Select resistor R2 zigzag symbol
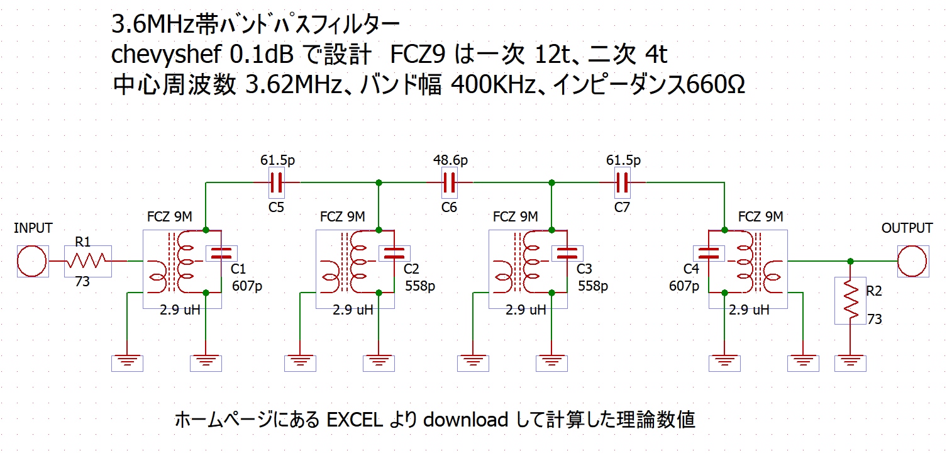click(851, 301)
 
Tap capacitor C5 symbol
click(277, 182)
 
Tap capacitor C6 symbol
click(450, 182)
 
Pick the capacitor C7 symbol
click(623, 182)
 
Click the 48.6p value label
click(450, 160)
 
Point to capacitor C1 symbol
click(221, 254)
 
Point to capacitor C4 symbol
click(709, 254)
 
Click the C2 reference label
click(411, 269)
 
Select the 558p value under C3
click(593, 286)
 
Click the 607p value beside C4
click(684, 286)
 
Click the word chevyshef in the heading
click(166, 55)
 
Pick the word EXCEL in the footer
click(355, 420)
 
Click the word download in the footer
click(465, 420)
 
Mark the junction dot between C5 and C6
click(379, 182)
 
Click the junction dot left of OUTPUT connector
click(851, 261)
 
